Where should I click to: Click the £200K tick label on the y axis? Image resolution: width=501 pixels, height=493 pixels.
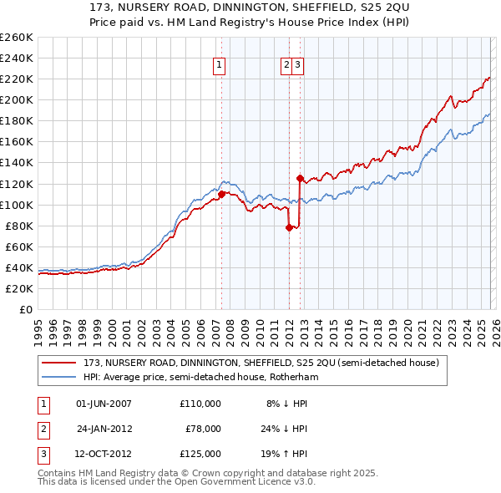click(17, 99)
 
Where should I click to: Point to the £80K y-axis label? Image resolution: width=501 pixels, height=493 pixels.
click(19, 226)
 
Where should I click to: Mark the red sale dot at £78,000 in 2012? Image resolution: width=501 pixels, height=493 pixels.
click(289, 227)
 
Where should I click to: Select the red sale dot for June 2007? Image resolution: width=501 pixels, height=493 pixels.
click(221, 194)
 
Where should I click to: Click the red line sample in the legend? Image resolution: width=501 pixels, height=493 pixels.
click(60, 363)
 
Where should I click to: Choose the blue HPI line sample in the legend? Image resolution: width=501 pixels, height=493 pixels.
click(60, 377)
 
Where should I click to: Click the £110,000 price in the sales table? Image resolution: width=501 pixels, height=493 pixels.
click(200, 404)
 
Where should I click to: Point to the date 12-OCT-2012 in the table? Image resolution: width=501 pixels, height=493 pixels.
click(104, 454)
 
